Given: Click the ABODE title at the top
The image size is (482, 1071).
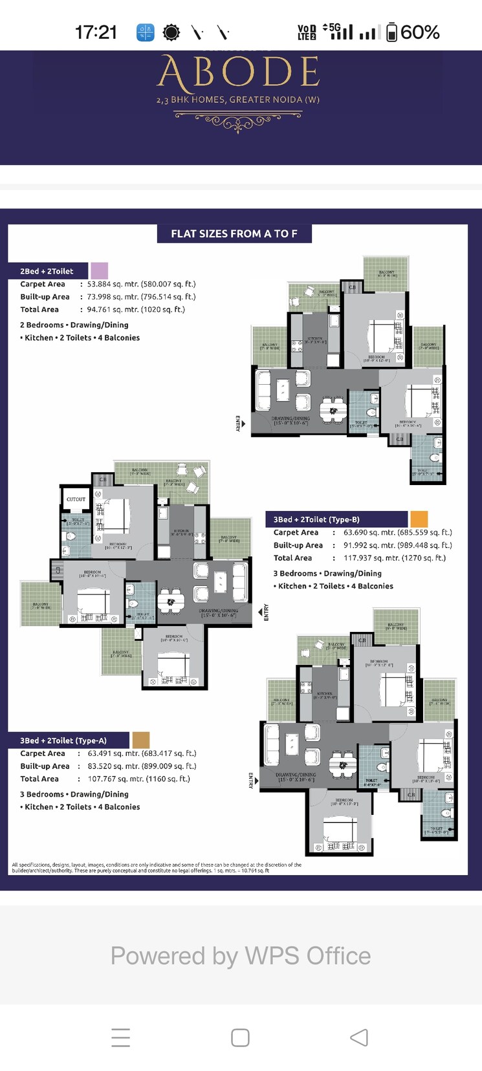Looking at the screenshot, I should [239, 72].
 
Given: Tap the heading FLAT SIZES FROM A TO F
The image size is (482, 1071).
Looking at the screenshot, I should [234, 233].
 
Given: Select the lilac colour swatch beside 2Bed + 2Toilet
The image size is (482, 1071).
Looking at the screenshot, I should [99, 270].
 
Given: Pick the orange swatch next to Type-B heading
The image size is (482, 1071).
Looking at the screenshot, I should [419, 519].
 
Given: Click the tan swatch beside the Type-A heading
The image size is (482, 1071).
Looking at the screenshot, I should [141, 740].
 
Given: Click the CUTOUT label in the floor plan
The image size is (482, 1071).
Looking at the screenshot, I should [76, 499].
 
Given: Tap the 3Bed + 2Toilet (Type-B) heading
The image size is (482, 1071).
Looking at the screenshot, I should [316, 519].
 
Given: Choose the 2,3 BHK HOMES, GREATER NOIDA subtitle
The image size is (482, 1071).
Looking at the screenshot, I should [238, 100].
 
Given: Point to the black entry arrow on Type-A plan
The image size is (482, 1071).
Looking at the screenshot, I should [260, 611].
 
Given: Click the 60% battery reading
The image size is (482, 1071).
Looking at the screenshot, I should [420, 32].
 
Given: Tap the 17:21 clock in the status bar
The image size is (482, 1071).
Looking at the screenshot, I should [96, 32].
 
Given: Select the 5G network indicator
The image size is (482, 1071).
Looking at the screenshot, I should [334, 28].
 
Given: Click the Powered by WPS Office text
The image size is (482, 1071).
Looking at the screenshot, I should [241, 956].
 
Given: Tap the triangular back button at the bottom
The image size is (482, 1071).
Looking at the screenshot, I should [359, 1037].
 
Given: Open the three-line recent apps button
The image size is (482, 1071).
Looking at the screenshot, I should [121, 1037].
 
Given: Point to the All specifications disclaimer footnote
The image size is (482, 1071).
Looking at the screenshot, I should [157, 867].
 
